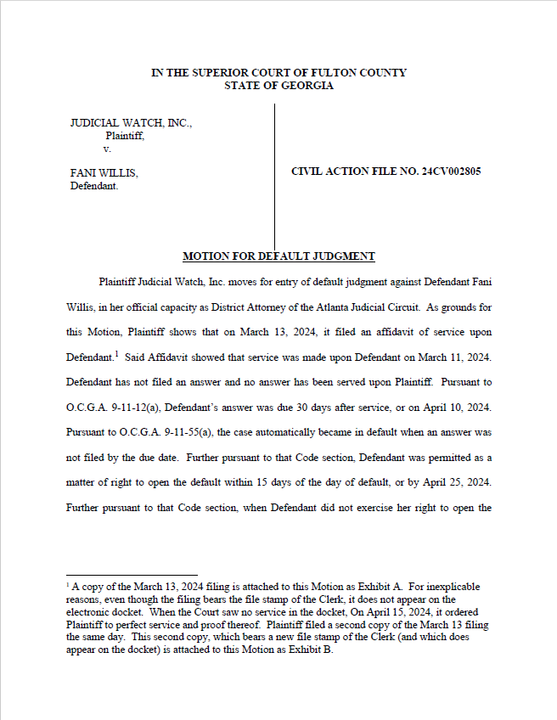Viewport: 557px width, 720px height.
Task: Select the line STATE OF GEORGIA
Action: click(x=278, y=85)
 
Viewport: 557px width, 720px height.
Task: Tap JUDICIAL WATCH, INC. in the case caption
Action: click(x=131, y=123)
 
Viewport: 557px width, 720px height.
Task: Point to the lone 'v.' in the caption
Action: click(x=107, y=149)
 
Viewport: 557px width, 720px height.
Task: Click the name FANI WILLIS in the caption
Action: click(x=104, y=172)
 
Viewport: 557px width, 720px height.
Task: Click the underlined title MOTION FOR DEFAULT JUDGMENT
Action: click(x=278, y=256)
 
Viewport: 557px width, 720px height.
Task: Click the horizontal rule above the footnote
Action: click(x=132, y=575)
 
